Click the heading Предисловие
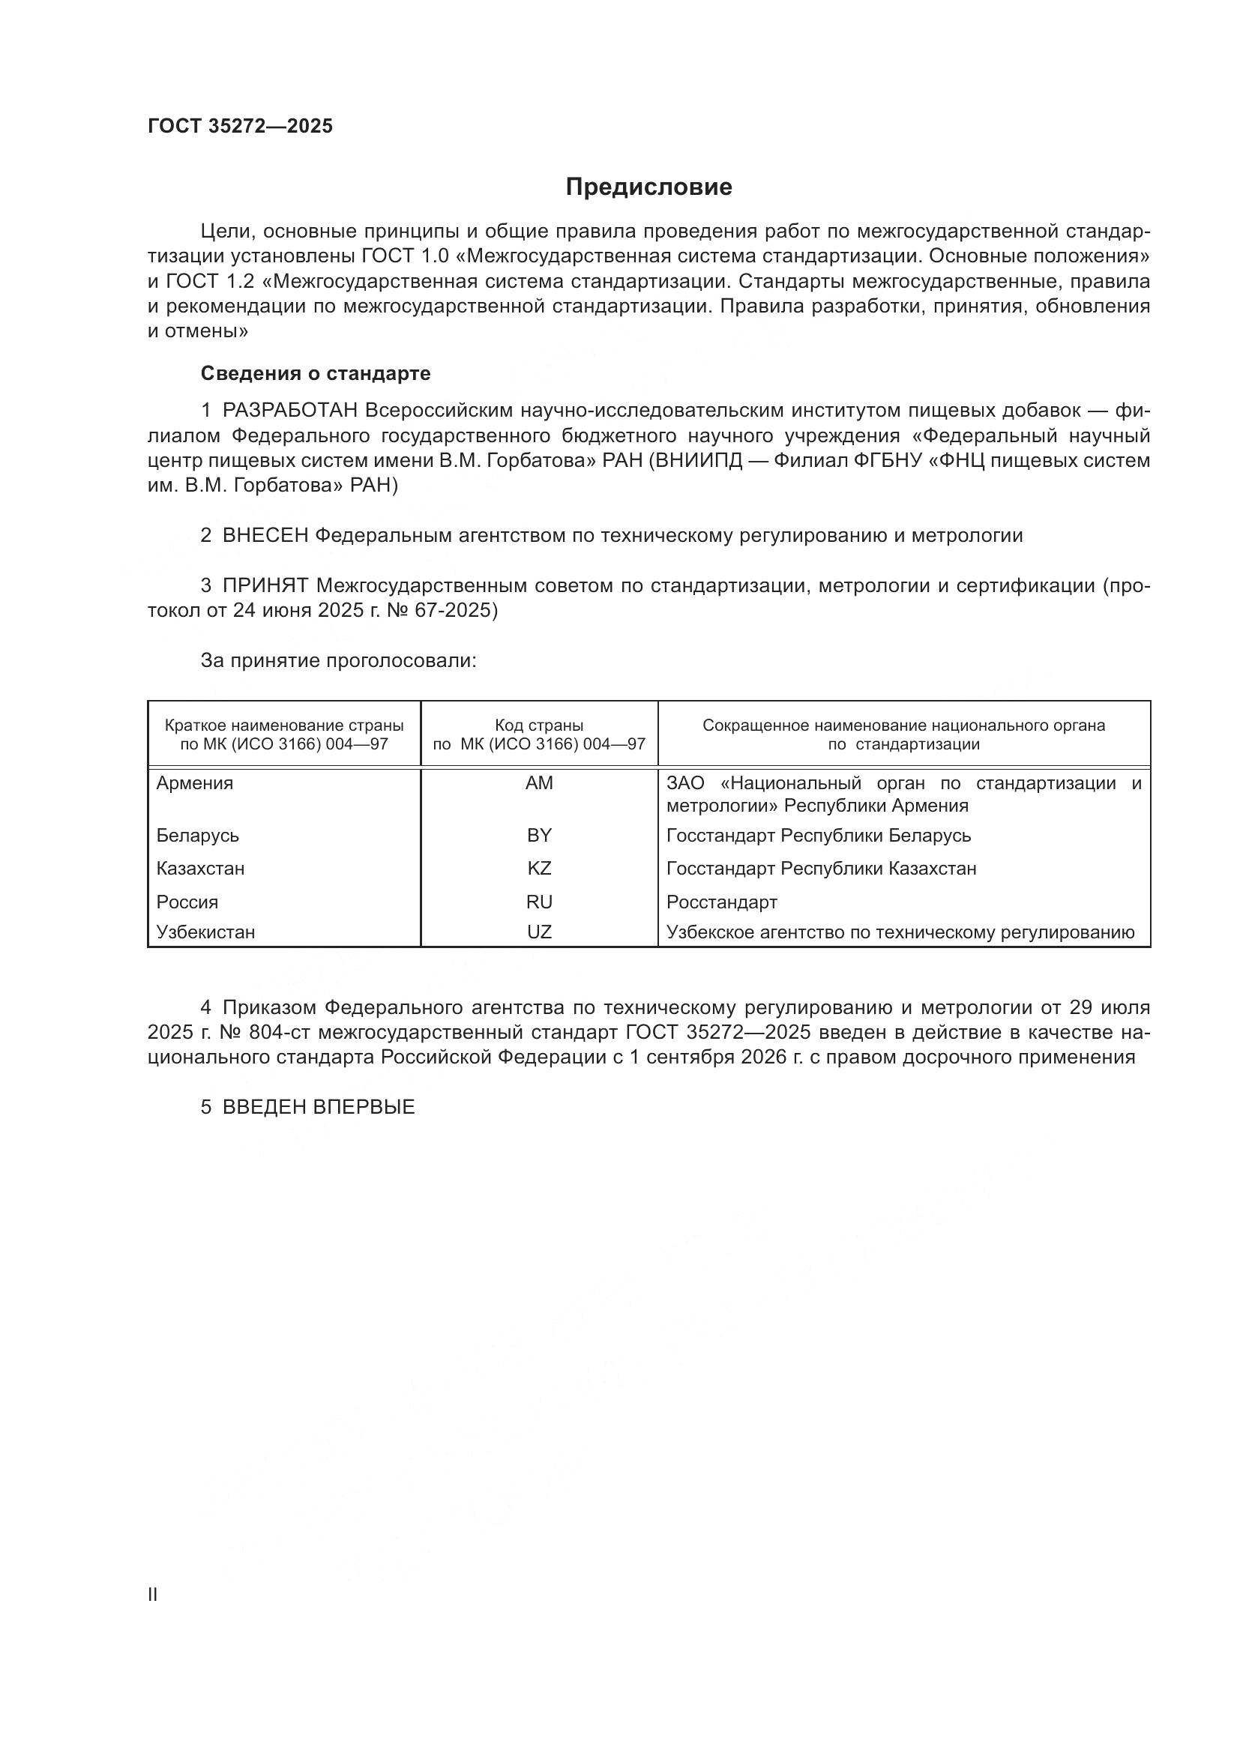(648, 187)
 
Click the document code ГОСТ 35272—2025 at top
(241, 126)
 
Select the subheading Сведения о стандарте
(316, 373)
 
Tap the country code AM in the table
(539, 782)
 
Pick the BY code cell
(539, 835)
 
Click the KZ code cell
(539, 868)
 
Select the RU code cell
(539, 902)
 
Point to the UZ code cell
(539, 932)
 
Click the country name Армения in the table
(195, 782)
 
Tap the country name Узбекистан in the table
(205, 932)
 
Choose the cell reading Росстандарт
(721, 902)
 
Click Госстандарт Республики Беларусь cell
(819, 835)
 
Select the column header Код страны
(539, 725)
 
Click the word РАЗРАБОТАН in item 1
(290, 411)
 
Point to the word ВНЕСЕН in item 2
(265, 535)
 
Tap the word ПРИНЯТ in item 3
(265, 585)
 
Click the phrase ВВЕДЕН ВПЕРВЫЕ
(319, 1107)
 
